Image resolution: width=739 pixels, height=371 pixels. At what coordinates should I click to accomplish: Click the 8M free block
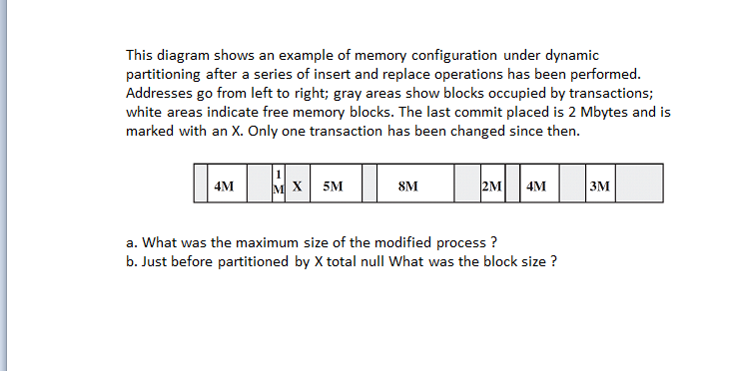coord(407,185)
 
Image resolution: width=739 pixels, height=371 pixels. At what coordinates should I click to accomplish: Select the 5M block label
coord(334,185)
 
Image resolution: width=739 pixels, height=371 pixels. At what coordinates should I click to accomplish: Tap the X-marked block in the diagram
coord(298,185)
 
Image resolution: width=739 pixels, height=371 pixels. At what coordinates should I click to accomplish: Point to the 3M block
coord(600,185)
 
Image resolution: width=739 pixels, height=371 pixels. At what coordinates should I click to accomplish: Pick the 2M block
coord(491,185)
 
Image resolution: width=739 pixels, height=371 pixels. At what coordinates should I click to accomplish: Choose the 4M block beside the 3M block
coord(536,185)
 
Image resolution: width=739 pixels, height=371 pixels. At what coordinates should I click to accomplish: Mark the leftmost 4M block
coord(225,185)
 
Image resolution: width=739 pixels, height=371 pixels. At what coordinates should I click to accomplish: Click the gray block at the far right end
coord(639,185)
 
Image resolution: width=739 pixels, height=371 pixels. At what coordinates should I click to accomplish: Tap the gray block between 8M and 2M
coord(466,185)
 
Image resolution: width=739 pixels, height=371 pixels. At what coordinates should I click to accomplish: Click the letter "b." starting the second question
coord(132,261)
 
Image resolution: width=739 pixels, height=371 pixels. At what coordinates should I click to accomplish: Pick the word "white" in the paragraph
coord(144,113)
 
